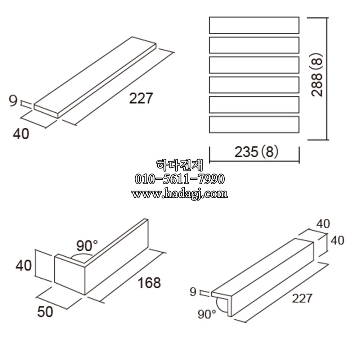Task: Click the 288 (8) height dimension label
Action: (317, 75)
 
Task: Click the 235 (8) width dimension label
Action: (256, 152)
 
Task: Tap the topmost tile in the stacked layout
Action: (254, 25)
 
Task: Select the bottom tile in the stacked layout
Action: (254, 125)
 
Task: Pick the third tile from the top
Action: (254, 65)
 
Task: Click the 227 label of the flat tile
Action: (141, 98)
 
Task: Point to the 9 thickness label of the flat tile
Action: (13, 101)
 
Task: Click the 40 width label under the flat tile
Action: (21, 134)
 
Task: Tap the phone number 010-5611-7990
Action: (180, 179)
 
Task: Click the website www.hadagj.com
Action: (180, 194)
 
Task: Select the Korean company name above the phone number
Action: (180, 165)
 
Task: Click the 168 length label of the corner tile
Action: (149, 283)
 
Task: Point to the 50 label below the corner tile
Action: (45, 312)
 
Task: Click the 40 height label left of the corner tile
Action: (23, 266)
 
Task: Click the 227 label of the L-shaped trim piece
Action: (302, 298)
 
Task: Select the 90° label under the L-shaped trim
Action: (207, 314)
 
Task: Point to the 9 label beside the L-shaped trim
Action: (193, 292)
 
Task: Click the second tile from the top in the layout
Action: (254, 45)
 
